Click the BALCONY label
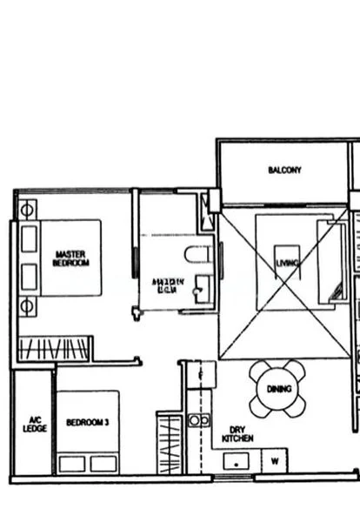[284, 171]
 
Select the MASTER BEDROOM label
[70, 258]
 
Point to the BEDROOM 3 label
[88, 423]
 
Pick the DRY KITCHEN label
[237, 434]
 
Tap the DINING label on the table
[278, 389]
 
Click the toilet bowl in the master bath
[198, 255]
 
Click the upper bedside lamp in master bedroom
[28, 210]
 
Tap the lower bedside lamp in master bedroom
[28, 306]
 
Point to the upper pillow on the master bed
[30, 238]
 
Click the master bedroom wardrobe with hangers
[54, 350]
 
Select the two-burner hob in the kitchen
[199, 420]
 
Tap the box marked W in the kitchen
[275, 460]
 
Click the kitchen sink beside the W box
[237, 461]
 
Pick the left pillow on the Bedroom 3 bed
[71, 463]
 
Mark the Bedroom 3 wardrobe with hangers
[167, 444]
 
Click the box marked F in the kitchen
[200, 374]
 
